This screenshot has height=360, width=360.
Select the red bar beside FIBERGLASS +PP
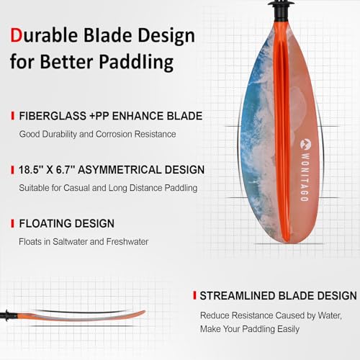12,116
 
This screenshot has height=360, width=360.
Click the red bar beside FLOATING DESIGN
12,224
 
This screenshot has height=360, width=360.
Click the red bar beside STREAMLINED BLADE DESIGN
194,295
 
